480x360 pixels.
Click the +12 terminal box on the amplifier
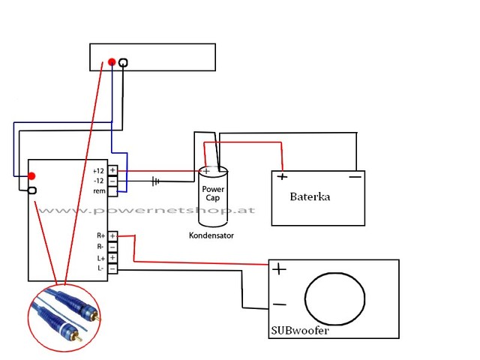click(112, 170)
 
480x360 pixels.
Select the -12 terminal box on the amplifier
click(112, 181)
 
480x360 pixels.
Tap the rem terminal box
click(112, 192)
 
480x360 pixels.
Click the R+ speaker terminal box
click(112, 236)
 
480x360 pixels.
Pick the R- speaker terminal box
click(112, 247)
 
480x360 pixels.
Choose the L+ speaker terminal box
click(112, 258)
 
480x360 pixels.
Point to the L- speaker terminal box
click(112, 268)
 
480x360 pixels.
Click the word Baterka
click(310, 196)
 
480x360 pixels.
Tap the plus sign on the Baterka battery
click(282, 177)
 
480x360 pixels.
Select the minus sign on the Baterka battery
click(355, 177)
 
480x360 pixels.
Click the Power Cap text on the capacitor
click(213, 193)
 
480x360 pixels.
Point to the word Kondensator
click(211, 235)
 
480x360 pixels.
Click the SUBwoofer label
click(300, 331)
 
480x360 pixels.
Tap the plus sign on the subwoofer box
click(279, 269)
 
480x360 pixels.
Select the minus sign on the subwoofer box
click(279, 304)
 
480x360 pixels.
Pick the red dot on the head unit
click(112, 61)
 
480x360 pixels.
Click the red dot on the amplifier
click(31, 176)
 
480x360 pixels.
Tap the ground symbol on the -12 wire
click(155, 181)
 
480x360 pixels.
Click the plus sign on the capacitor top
click(206, 171)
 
